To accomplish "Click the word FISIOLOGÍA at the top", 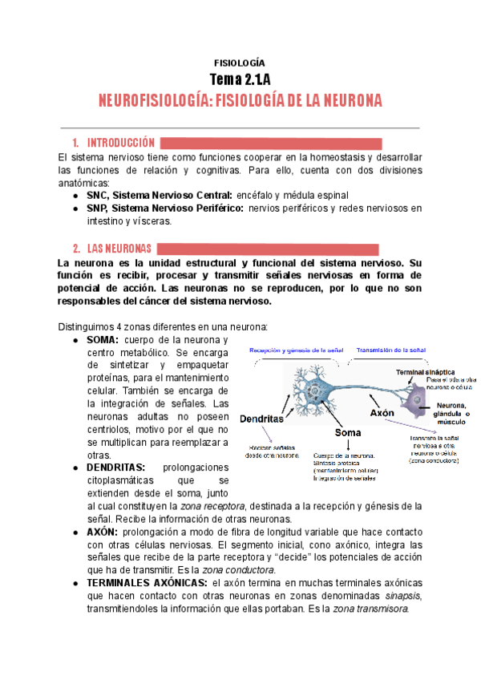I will click(240, 63).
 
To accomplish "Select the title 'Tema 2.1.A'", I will click(240, 79).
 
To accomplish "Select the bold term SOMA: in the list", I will click(103, 340).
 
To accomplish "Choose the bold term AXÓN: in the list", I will click(103, 532).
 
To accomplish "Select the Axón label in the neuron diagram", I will click(382, 412).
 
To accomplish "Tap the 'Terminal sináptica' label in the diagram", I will click(426, 372).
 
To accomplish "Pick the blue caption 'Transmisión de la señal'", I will click(390, 350).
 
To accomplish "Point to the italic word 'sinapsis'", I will click(389, 596).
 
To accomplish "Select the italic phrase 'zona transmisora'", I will click(370, 609).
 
